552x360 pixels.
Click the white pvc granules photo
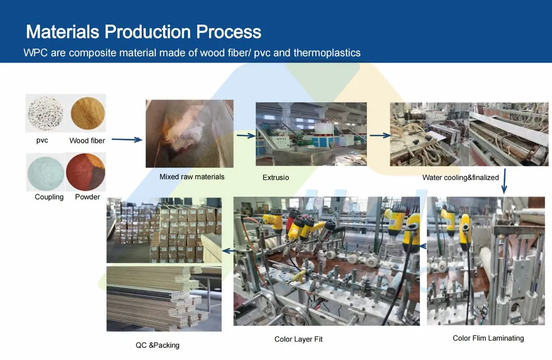pos(45,113)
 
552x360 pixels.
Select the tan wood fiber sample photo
pos(87,113)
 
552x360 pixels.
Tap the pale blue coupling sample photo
pos(46,172)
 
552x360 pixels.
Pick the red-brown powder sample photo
pos(86,172)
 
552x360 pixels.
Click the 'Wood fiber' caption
pos(87,141)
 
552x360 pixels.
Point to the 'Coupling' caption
pos(49,197)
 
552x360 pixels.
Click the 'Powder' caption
pos(87,197)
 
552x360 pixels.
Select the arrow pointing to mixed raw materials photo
pos(127,139)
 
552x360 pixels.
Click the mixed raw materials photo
pos(190,133)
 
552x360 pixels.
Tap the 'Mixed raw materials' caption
pos(192,177)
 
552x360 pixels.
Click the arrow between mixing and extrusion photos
pos(246,136)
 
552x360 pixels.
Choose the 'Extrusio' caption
pos(275,178)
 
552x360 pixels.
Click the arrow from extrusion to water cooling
pos(380,135)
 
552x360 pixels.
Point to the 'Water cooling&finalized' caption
pos(460,178)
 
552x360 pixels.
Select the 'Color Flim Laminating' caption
pos(488,338)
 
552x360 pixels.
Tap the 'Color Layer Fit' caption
pos(298,339)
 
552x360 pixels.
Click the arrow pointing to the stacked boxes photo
pos(227,251)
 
